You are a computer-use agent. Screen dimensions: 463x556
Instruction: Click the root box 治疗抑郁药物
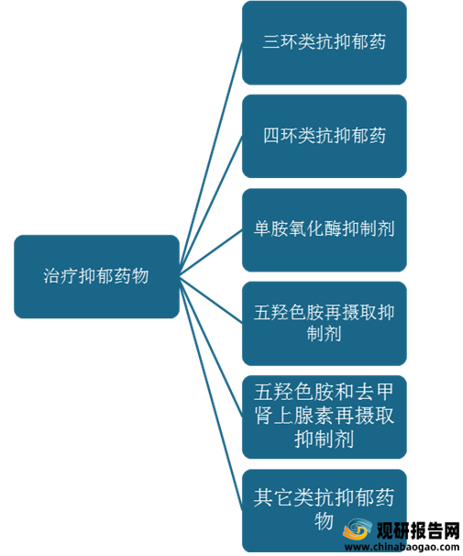96,276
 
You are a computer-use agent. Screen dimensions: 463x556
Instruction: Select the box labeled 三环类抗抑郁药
325,42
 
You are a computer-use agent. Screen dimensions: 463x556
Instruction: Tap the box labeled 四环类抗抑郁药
325,136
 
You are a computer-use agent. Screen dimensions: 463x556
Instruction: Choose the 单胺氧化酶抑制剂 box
325,230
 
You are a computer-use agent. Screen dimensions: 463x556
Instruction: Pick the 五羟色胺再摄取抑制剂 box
325,324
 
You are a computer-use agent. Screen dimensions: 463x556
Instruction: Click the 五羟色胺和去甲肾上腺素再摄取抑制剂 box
325,417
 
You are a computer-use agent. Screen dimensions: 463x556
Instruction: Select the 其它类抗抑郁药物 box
325,511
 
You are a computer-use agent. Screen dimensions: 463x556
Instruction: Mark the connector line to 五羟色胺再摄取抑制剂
211,300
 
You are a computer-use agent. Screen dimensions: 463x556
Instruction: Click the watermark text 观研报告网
418,531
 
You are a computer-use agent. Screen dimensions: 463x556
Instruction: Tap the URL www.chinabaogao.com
402,547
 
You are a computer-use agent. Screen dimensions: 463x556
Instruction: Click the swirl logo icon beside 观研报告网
357,529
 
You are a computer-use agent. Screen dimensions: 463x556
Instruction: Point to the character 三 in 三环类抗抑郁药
271,42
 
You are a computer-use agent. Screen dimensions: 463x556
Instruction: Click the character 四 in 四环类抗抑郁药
271,136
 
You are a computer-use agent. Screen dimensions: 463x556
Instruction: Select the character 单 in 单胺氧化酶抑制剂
262,228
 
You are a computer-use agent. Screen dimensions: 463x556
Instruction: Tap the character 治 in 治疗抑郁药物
51,276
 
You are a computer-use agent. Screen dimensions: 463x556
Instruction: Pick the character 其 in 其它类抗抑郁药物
262,497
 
